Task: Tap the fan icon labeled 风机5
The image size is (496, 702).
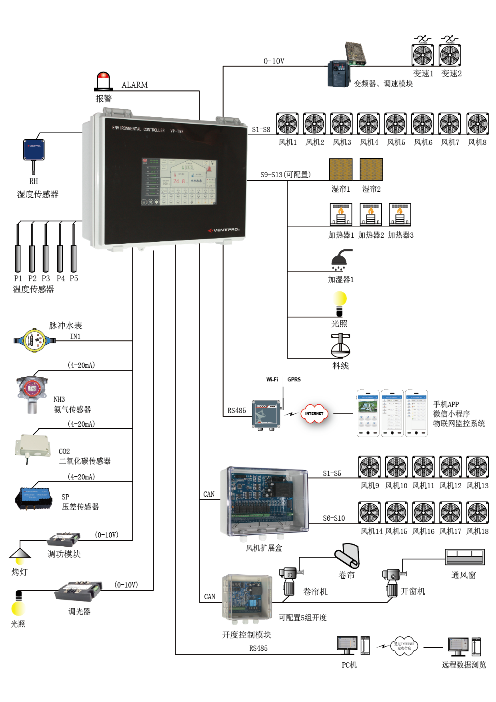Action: click(x=396, y=124)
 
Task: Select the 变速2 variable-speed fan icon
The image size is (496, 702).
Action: click(x=450, y=55)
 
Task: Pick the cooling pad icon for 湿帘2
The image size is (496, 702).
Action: click(x=371, y=169)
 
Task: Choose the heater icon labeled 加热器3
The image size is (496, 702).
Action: click(x=400, y=215)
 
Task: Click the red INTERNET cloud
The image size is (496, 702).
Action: click(x=314, y=413)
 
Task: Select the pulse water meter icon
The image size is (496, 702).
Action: click(x=34, y=341)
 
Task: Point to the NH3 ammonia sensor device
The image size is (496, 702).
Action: click(x=32, y=392)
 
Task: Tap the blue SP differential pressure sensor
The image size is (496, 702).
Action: click(x=34, y=498)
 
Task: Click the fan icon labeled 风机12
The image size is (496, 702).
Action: click(x=450, y=467)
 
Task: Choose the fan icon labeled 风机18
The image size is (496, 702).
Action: click(x=478, y=513)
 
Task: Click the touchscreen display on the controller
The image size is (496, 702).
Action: click(x=179, y=182)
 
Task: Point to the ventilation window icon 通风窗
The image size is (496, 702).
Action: click(x=465, y=557)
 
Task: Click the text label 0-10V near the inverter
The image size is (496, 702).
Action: click(x=274, y=61)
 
